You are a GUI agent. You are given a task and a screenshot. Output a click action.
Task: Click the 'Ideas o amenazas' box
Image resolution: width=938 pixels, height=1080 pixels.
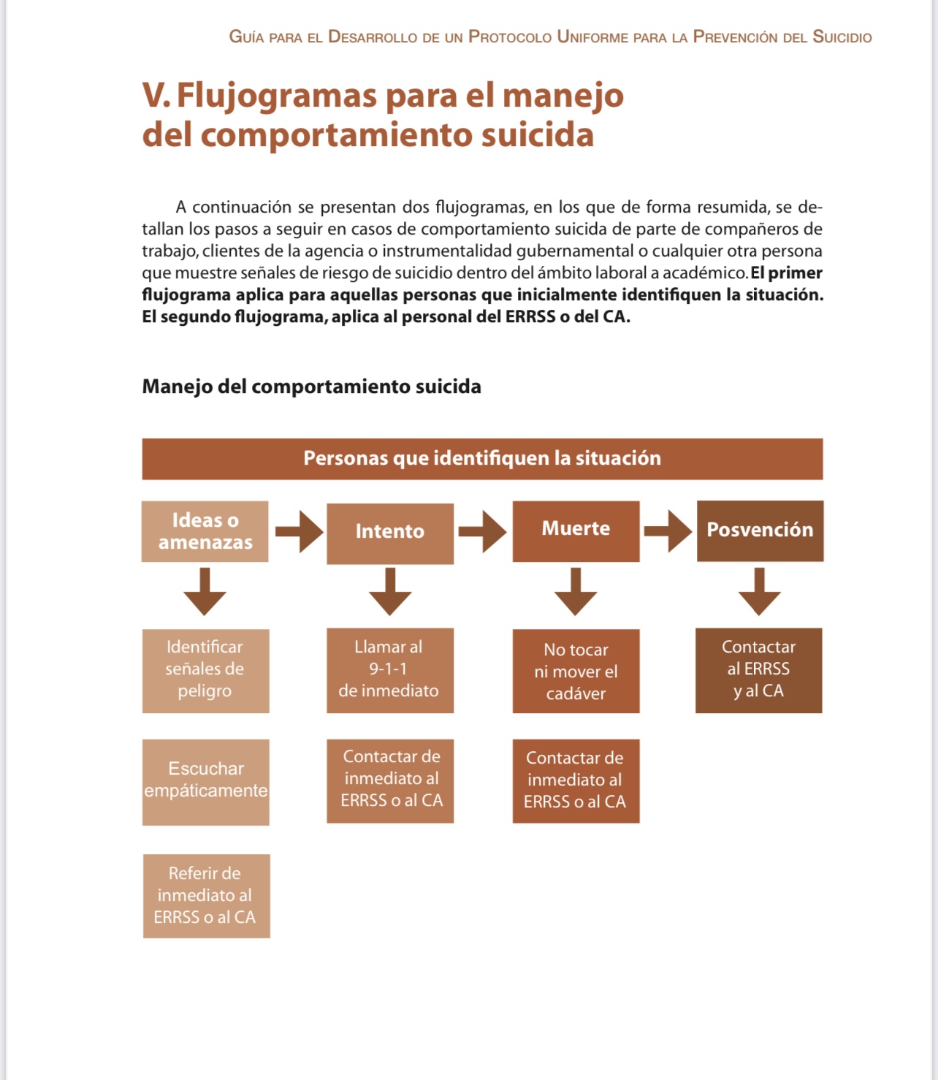(205, 531)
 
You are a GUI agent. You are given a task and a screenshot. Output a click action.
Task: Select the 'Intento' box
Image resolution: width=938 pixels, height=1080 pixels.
(390, 533)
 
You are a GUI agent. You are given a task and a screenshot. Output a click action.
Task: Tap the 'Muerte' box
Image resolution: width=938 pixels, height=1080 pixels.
(576, 531)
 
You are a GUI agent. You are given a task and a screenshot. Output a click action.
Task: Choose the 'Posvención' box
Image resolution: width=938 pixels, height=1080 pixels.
(760, 531)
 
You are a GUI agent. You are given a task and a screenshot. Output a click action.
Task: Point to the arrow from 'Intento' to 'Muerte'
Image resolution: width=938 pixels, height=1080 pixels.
(482, 531)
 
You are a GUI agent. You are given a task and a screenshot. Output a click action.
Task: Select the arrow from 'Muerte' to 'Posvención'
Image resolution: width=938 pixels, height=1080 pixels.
(668, 531)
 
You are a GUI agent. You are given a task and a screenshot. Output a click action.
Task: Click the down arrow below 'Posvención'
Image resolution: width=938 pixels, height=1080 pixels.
(760, 593)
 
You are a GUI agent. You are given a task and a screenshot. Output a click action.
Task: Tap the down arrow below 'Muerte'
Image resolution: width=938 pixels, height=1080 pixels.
(576, 593)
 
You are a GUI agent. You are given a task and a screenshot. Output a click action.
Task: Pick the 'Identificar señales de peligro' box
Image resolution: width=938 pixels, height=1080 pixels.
(205, 670)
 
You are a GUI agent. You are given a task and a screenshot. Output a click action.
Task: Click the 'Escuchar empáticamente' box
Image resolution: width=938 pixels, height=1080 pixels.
(205, 781)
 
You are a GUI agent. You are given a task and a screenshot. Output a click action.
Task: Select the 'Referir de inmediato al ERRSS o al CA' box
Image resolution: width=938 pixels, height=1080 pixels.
(206, 896)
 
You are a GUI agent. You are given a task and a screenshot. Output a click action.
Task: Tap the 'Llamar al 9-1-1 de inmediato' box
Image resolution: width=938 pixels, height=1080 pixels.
(389, 670)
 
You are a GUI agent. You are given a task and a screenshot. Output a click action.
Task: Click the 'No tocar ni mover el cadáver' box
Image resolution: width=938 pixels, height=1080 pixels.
(576, 672)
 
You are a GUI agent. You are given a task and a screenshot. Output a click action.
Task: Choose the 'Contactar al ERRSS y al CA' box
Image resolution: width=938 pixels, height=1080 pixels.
(758, 670)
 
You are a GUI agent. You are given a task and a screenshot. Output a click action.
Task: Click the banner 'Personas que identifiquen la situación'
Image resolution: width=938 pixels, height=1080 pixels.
(482, 459)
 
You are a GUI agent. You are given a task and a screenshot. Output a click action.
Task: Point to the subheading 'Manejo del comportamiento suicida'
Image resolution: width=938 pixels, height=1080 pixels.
(311, 387)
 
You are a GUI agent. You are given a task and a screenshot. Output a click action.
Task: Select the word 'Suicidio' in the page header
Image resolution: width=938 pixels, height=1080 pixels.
(842, 37)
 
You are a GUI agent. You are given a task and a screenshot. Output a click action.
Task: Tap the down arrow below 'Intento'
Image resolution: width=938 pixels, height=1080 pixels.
(390, 593)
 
